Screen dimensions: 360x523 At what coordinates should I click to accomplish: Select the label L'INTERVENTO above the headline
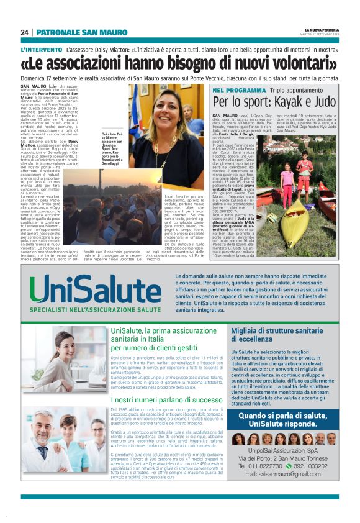tap(41, 49)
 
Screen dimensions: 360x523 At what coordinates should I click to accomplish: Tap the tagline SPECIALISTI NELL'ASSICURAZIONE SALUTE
tap(88, 309)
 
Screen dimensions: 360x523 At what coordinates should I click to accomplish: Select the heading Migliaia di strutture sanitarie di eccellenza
tap(277, 335)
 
